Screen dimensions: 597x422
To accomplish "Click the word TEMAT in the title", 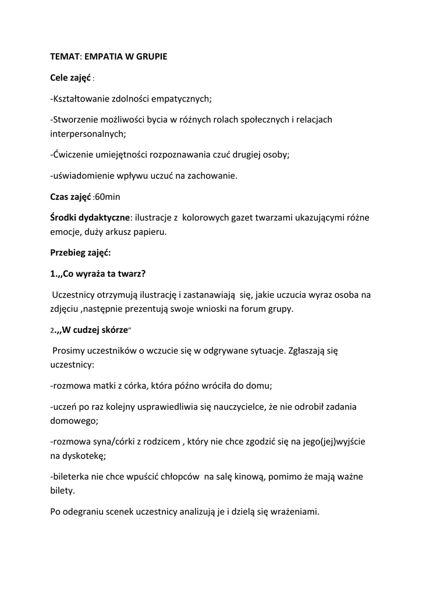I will (x=63, y=57).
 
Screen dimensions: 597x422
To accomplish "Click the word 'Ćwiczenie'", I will (x=73, y=154).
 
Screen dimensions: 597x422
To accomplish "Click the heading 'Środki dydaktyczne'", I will (x=90, y=218).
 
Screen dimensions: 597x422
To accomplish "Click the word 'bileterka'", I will (x=72, y=477).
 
